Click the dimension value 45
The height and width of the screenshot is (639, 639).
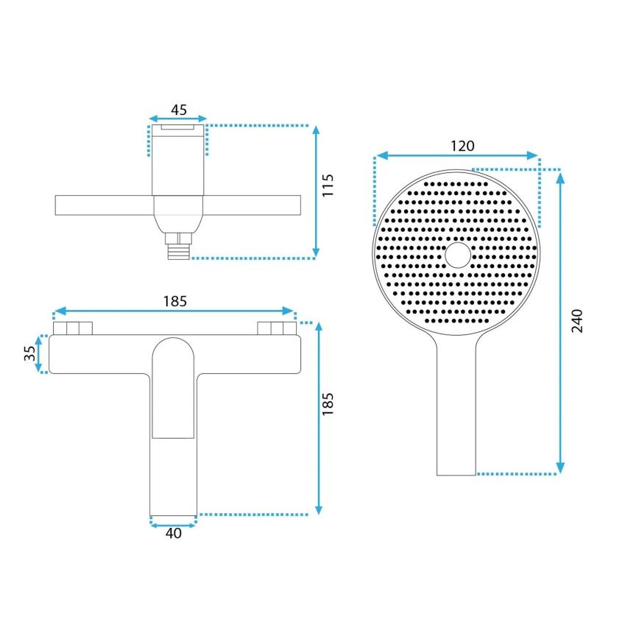point(178,110)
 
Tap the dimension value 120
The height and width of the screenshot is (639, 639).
point(462,146)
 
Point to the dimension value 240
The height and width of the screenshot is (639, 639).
point(576,320)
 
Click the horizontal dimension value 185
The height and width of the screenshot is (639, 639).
point(175,300)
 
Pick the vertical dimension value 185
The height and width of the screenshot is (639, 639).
point(328,406)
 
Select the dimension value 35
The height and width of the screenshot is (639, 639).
point(30,353)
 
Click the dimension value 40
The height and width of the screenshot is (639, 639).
point(174,534)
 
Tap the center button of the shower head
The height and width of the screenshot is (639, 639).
point(457,255)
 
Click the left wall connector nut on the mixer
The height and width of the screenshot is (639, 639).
point(72,328)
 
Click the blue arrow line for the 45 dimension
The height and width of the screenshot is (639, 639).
point(178,119)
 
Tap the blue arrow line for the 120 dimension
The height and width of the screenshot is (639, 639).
point(456,155)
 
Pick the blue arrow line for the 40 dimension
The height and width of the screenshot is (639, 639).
point(174,523)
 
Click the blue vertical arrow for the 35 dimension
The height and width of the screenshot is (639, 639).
point(41,354)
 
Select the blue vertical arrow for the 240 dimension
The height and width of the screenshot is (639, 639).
point(560,321)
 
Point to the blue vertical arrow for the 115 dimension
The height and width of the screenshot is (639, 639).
point(316,191)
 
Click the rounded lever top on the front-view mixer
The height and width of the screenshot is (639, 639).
point(174,350)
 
